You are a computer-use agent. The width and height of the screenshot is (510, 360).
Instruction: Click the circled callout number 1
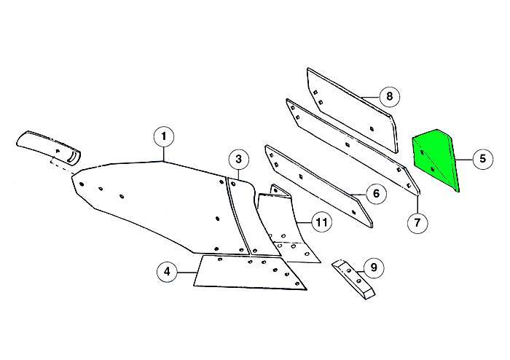coord(164,136)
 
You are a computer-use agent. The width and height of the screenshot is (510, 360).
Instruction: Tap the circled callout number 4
coord(168,273)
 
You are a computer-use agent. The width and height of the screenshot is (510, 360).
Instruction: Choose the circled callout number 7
coord(417,222)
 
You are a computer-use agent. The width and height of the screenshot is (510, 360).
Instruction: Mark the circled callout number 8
coord(390,95)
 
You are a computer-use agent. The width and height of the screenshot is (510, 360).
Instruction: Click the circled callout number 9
coord(374,268)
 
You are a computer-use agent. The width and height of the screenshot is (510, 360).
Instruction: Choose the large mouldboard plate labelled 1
coord(153,200)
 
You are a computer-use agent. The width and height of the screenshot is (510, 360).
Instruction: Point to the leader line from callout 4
coord(188,273)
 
